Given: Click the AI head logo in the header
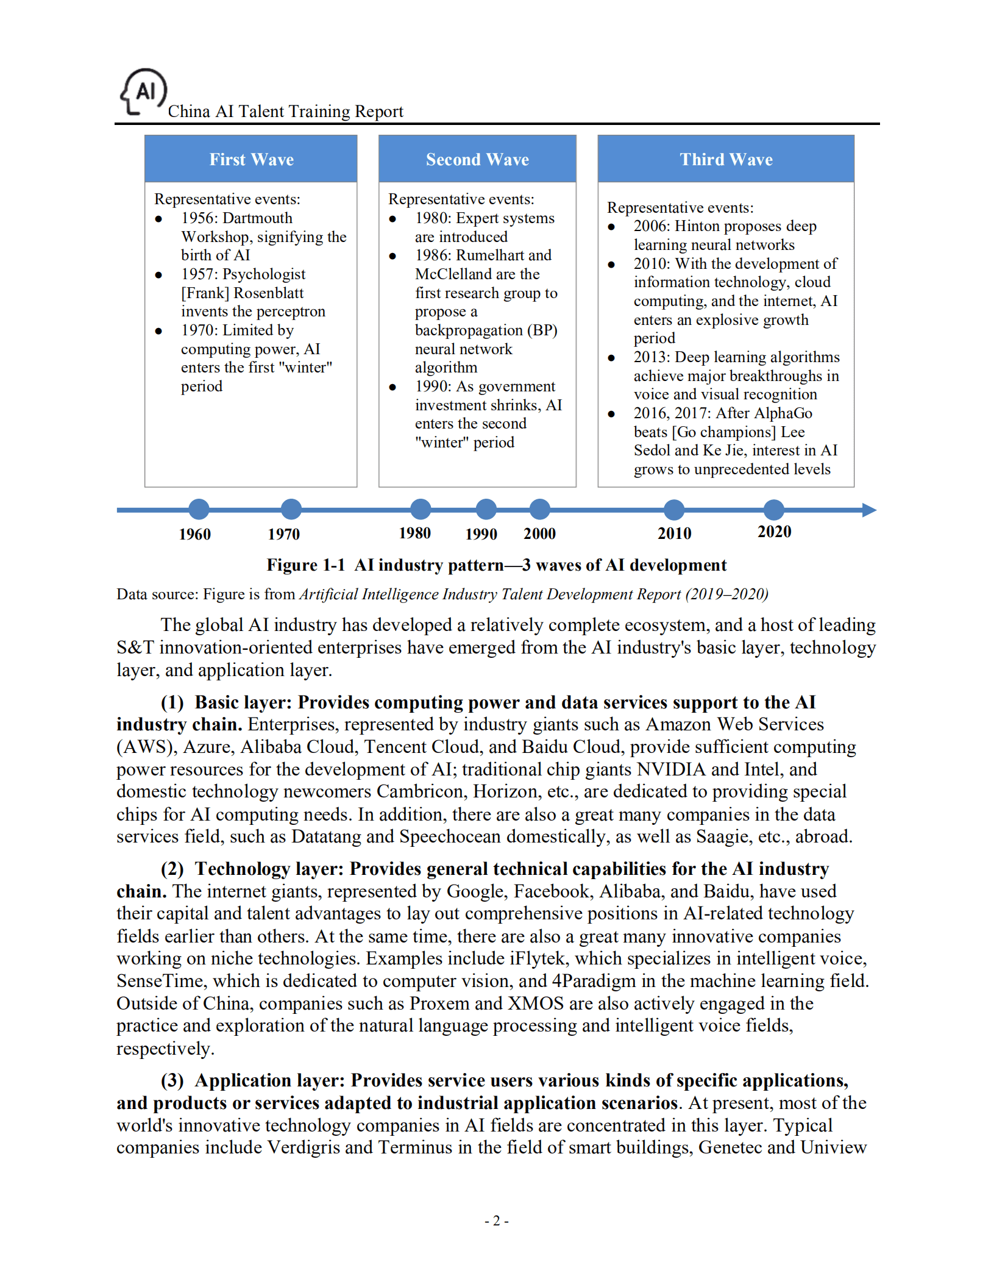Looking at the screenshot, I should [x=144, y=92].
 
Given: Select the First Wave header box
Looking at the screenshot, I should [x=250, y=159].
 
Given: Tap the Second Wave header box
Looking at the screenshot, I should [x=477, y=159].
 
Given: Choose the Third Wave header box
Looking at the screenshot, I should [x=725, y=159].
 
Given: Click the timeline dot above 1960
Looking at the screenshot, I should [x=199, y=509].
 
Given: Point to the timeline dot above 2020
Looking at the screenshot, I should [x=773, y=509].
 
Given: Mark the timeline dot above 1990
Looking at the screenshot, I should [x=486, y=509].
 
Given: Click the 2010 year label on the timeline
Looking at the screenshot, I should [x=674, y=533].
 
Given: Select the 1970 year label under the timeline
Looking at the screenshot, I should [x=283, y=534].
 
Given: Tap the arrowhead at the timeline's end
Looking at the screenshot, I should [x=869, y=510].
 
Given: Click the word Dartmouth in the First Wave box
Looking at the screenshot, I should [x=258, y=218].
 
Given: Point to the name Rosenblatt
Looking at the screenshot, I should [x=268, y=293].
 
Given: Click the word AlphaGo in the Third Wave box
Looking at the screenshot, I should [x=783, y=413].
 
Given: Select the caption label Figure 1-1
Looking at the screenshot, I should [x=305, y=565].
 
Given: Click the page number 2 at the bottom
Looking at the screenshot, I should [x=496, y=1221].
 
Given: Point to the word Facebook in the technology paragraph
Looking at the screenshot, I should [x=552, y=891].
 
